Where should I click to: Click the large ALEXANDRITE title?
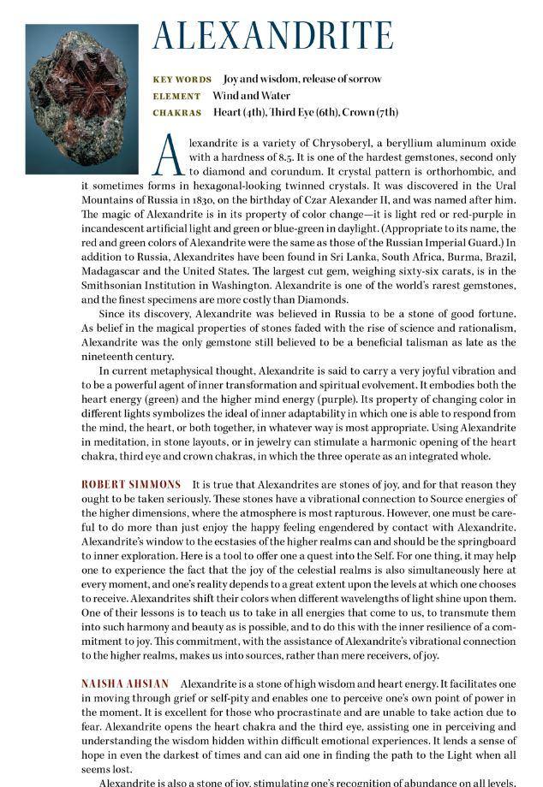point(272,35)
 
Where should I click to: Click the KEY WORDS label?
point(182,80)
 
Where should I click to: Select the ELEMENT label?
point(176,97)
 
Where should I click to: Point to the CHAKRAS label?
point(177,113)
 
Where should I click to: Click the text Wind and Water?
point(252,96)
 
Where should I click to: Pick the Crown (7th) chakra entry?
point(373,112)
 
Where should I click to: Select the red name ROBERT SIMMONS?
point(131,485)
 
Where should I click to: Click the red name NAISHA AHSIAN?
point(125,684)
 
